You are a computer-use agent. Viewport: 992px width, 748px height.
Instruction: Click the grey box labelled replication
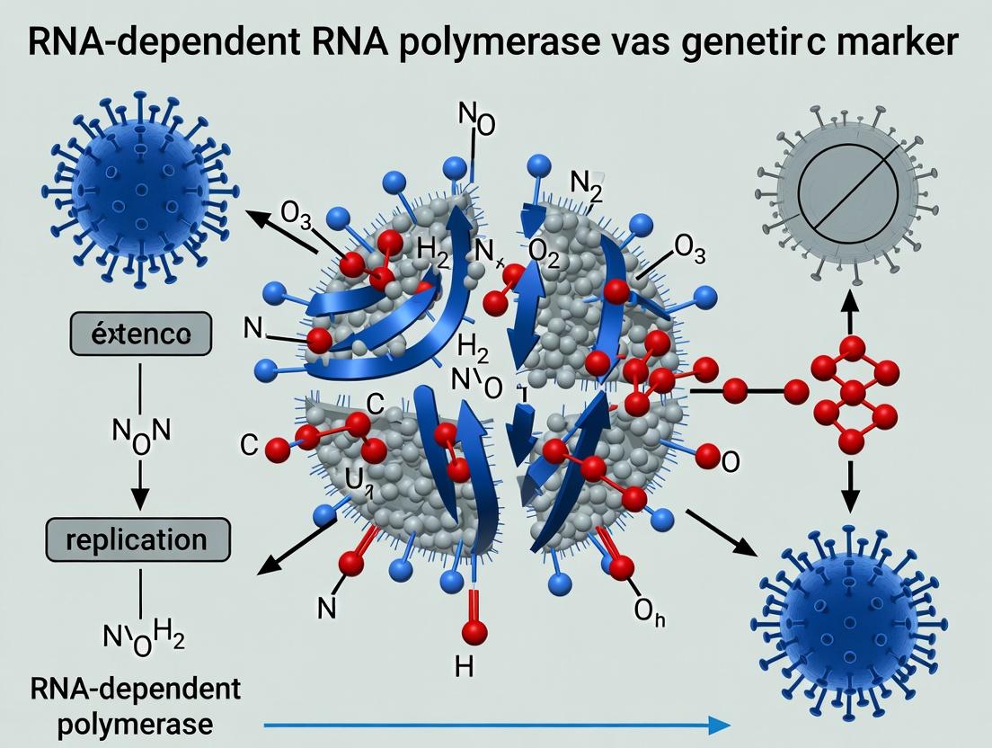[137, 540]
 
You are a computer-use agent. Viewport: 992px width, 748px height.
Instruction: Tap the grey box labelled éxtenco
[140, 336]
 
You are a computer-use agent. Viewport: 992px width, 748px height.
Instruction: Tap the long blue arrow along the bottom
[494, 725]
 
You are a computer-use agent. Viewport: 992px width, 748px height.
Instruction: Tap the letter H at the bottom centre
[464, 666]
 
